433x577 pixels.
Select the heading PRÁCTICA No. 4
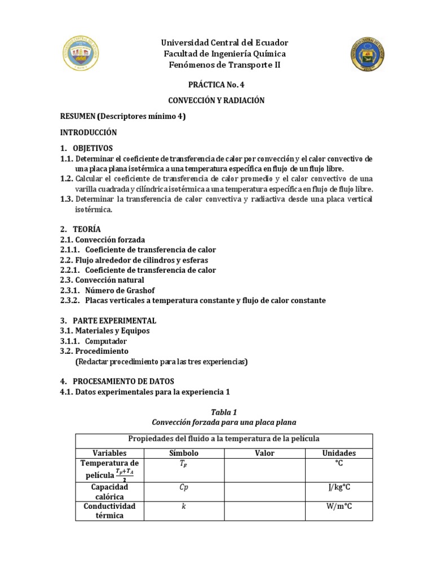coord(216,85)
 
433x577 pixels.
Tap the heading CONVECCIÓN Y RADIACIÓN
coord(216,100)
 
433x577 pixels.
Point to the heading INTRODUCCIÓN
coord(89,132)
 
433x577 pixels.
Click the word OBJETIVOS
coord(93,148)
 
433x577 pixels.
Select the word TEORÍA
coord(87,229)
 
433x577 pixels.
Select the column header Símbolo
coord(184,453)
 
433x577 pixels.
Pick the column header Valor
coord(264,453)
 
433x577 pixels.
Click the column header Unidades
coord(339,453)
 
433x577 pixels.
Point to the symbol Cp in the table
coord(184,486)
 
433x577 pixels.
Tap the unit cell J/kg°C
coord(339,486)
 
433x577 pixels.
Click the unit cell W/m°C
coord(339,506)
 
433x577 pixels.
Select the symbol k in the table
coord(184,507)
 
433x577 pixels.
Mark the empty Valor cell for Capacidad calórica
coord(264,491)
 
